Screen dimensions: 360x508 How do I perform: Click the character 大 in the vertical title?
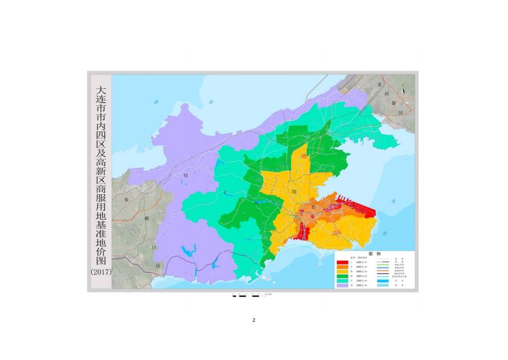coord(100,90)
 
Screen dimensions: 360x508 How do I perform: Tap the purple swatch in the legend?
coord(342,286)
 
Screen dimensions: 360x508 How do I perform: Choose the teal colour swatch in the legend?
coord(342,281)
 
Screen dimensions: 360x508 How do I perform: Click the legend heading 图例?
coord(375,254)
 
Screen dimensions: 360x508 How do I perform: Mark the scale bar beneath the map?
coord(248,295)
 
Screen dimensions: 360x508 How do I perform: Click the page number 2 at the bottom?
coord(254,320)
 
